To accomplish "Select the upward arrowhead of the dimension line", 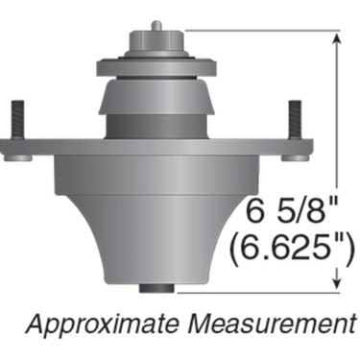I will tap(336, 39).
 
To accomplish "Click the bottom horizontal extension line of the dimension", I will tap(259, 289).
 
